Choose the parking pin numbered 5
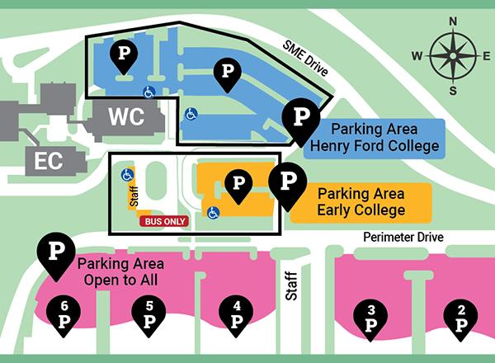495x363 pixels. [x=149, y=315]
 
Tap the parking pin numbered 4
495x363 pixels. [x=237, y=315]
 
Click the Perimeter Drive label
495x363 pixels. [x=403, y=238]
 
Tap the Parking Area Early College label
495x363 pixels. [x=361, y=202]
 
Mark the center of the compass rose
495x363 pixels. [x=451, y=55]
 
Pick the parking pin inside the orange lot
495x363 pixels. [x=238, y=184]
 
